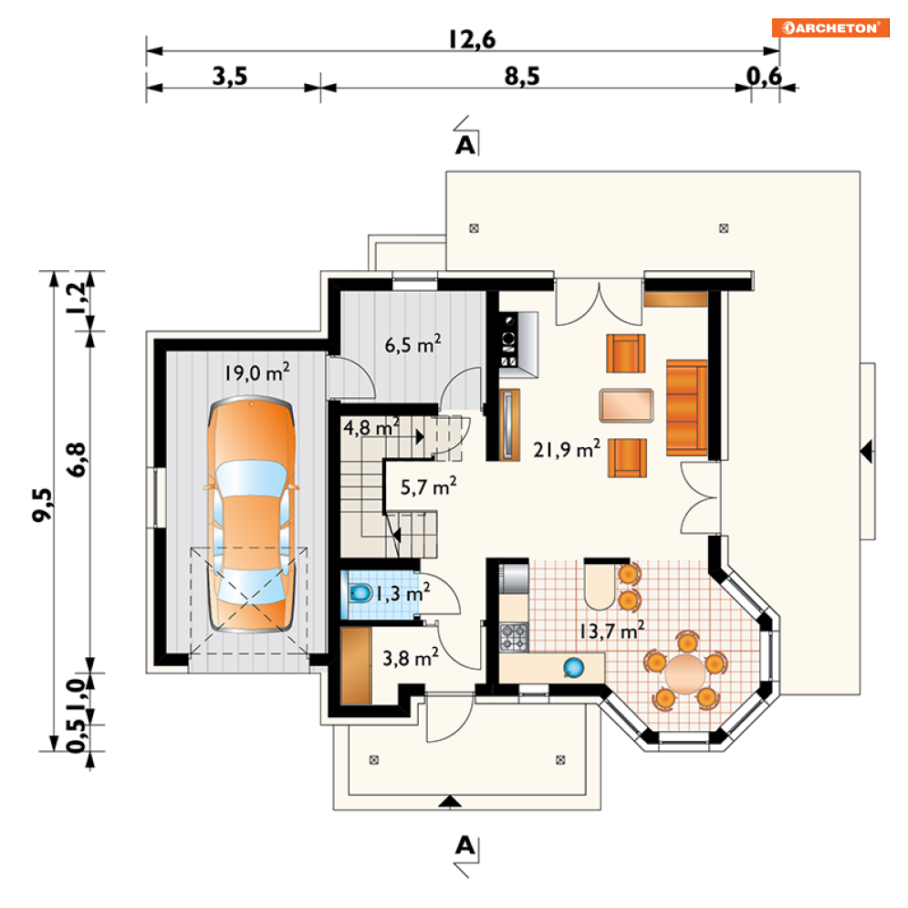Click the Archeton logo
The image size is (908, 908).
tap(830, 27)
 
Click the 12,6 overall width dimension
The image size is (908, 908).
tap(472, 39)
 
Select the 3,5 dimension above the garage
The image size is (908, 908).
tap(230, 76)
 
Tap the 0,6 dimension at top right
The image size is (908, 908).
tap(764, 76)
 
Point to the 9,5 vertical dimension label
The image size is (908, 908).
tap(42, 505)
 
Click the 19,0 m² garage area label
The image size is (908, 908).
tap(257, 372)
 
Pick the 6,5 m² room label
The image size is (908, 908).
tap(412, 344)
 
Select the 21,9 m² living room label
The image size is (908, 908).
tap(567, 449)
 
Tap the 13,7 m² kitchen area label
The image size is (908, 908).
tap(612, 630)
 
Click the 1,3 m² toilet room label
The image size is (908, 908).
tap(403, 593)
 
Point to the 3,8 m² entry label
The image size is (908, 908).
tap(411, 657)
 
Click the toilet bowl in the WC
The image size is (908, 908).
tap(360, 593)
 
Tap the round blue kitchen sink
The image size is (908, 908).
tap(574, 668)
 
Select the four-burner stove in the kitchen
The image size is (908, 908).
tap(514, 636)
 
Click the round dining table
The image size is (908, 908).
tap(685, 674)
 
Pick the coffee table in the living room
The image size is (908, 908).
tap(627, 405)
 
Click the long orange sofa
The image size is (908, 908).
tap(687, 408)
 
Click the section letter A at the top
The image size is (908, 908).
tap(465, 145)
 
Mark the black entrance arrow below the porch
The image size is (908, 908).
tap(450, 801)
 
